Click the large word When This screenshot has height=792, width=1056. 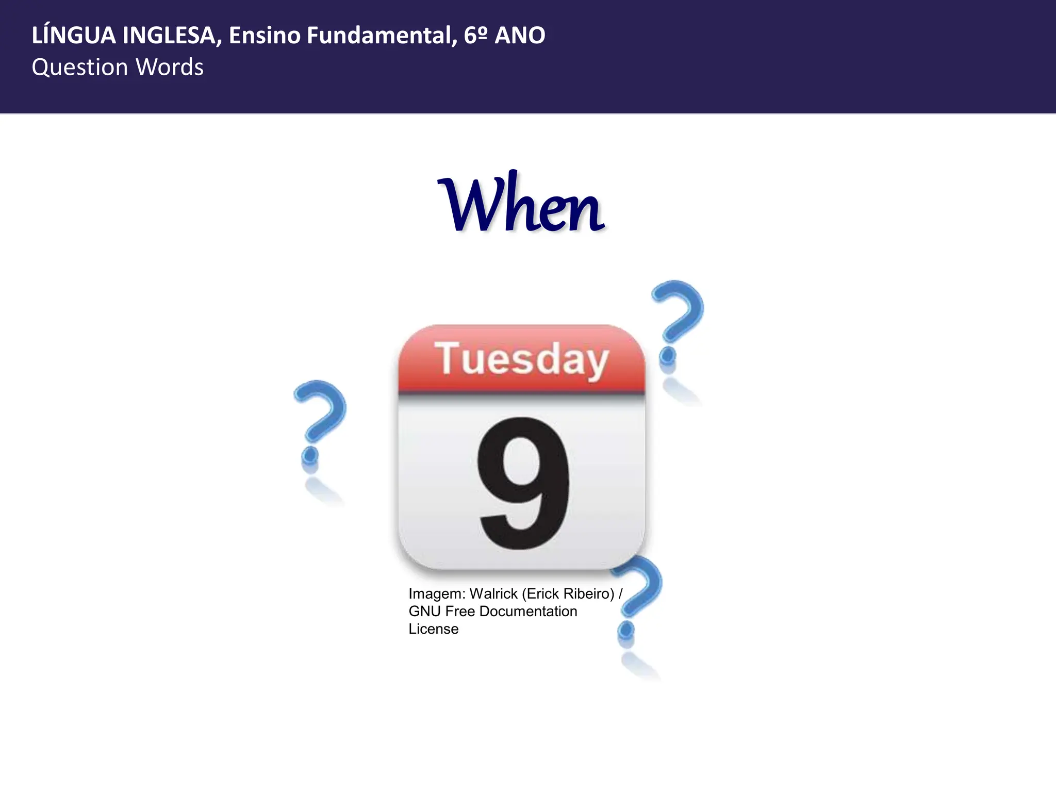click(x=521, y=204)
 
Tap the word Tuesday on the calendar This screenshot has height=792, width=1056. click(x=522, y=359)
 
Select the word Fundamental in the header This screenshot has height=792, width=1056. click(x=381, y=36)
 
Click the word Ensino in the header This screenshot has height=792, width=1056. click(x=265, y=36)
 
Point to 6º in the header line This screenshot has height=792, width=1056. click(x=475, y=36)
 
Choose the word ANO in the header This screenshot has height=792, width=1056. click(x=520, y=36)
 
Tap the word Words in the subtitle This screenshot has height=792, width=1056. click(x=170, y=68)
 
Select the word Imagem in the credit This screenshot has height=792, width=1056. click(x=437, y=594)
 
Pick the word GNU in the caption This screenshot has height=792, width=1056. click(x=424, y=612)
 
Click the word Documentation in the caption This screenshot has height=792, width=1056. click(x=528, y=612)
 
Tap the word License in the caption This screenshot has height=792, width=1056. click(x=433, y=629)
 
